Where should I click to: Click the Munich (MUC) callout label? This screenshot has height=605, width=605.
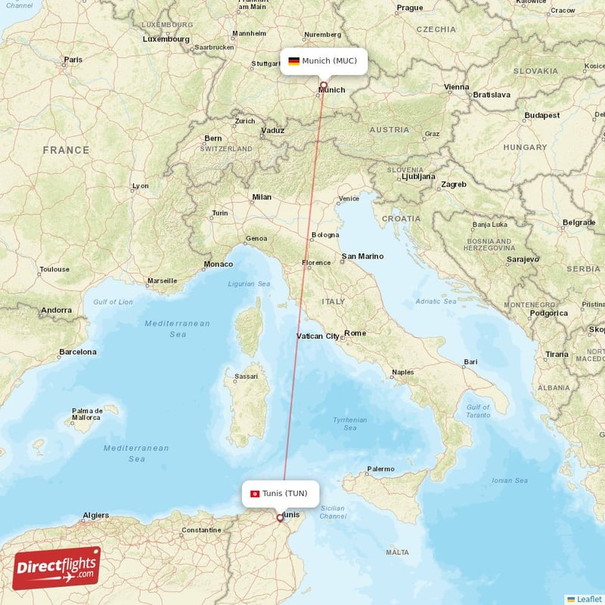pyautogui.click(x=324, y=60)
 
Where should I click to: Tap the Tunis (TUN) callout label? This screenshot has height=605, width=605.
pyautogui.click(x=281, y=493)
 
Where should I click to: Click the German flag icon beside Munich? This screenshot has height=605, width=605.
pyautogui.click(x=293, y=60)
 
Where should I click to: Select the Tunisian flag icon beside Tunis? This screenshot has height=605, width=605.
pyautogui.click(x=255, y=494)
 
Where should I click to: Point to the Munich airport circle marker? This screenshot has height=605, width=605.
pyautogui.click(x=324, y=85)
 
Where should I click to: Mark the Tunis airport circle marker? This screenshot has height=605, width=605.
pyautogui.click(x=281, y=518)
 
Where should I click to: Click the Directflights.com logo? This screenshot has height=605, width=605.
pyautogui.click(x=57, y=568)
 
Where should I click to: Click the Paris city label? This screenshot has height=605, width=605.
pyautogui.click(x=73, y=59)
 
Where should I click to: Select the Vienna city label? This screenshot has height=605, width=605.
pyautogui.click(x=457, y=87)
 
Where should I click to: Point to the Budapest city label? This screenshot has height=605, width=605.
pyautogui.click(x=542, y=116)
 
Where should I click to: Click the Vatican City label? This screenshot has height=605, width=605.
pyautogui.click(x=318, y=336)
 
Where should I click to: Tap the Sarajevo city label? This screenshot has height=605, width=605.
pyautogui.click(x=523, y=259)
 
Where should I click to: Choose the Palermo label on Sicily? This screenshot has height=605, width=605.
pyautogui.click(x=380, y=469)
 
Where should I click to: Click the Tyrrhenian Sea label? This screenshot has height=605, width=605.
pyautogui.click(x=350, y=423)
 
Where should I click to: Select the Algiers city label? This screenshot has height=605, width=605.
pyautogui.click(x=95, y=515)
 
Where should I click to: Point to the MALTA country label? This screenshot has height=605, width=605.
pyautogui.click(x=397, y=553)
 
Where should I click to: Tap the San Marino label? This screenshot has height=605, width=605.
pyautogui.click(x=362, y=256)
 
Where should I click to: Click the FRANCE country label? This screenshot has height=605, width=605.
pyautogui.click(x=66, y=150)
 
